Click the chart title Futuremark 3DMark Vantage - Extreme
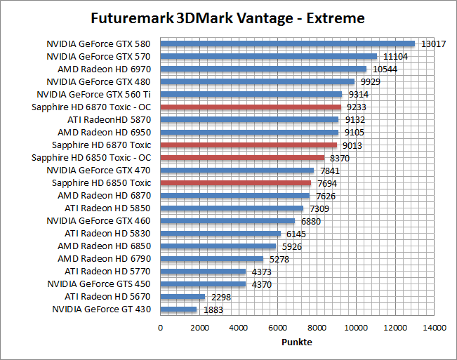[x=228, y=17]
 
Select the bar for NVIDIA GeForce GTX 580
[x=288, y=44]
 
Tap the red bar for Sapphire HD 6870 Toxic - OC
[x=251, y=107]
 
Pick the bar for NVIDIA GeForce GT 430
[x=179, y=309]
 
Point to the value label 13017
[x=432, y=44]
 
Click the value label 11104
[x=395, y=56]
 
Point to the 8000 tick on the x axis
[x=317, y=327]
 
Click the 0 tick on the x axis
[x=161, y=327]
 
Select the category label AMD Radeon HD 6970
[x=105, y=69]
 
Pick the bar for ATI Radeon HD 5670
[x=183, y=296]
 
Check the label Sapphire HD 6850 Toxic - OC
[x=91, y=157]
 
